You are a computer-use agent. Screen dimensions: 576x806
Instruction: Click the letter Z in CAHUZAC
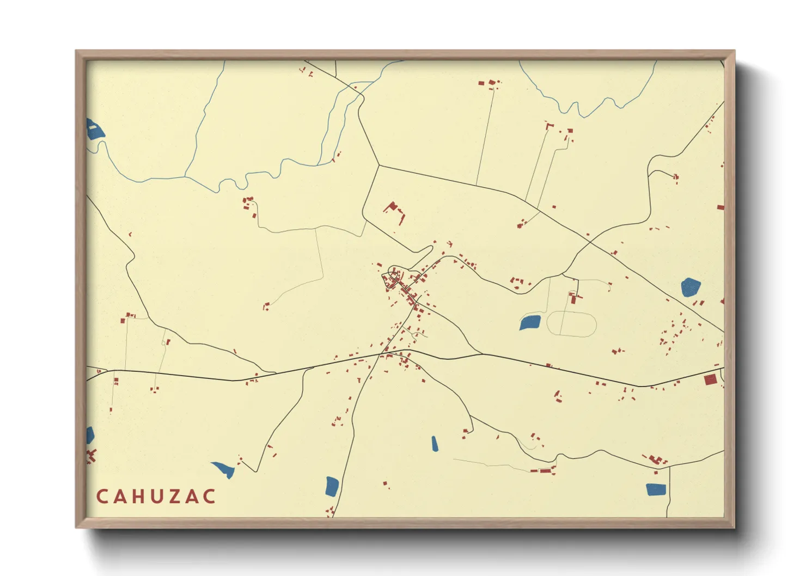tap(173, 497)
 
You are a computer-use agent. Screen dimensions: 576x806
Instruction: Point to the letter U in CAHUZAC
tap(155, 497)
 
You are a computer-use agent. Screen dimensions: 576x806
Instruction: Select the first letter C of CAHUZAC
tap(102, 497)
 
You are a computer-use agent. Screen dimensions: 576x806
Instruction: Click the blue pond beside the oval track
tap(530, 322)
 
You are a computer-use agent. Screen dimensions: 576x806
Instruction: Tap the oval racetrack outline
tap(571, 324)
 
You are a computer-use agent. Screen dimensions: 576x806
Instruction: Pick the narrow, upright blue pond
tap(435, 444)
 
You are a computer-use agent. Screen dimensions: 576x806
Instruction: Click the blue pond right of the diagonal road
tap(690, 287)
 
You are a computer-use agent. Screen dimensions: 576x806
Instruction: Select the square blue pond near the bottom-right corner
tap(656, 489)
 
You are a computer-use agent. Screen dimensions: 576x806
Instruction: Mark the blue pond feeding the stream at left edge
tap(95, 130)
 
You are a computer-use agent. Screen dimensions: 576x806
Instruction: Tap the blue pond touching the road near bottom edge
tap(332, 486)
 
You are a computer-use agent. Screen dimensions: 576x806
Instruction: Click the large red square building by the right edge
tap(710, 379)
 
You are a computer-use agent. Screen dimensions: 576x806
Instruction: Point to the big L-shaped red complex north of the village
tap(394, 210)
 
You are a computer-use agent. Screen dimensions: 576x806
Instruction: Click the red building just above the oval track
tap(573, 298)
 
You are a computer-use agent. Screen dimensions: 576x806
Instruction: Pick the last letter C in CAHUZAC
tap(209, 497)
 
